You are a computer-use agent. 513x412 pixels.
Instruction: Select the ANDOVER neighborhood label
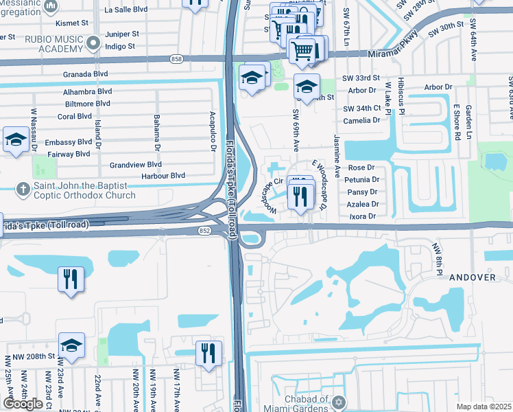tap(473, 277)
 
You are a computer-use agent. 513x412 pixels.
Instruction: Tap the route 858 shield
tap(177, 60)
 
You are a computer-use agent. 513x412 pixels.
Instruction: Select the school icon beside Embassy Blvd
tap(15, 140)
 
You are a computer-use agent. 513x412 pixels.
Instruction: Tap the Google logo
tap(23, 404)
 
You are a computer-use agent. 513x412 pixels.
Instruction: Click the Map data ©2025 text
tap(484, 407)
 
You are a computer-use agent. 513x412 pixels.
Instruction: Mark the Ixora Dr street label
tap(363, 216)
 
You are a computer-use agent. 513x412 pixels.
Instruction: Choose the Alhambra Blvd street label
tap(87, 91)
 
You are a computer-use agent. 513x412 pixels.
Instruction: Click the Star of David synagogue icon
tap(337, 400)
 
